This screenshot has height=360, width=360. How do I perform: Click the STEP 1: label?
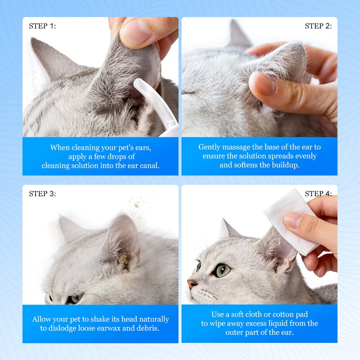[x=42, y=26]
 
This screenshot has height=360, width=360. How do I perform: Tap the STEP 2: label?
[x=318, y=26]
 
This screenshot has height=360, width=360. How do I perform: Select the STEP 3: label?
[x=42, y=194]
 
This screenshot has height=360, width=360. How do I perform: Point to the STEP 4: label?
[x=318, y=194]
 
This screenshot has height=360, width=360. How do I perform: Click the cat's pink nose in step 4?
[x=192, y=284]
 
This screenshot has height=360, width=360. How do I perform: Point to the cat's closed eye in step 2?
[x=193, y=92]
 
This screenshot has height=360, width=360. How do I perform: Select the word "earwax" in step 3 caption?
[x=116, y=328]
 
